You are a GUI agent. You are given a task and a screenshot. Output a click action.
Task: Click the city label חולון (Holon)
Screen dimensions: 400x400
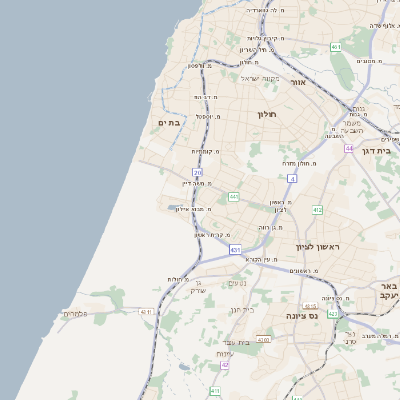pos(266,114)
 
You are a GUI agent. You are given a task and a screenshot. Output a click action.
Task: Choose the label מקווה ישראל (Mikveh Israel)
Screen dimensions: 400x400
pos(264,78)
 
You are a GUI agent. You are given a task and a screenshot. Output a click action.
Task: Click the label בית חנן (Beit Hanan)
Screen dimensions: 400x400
pos(243,309)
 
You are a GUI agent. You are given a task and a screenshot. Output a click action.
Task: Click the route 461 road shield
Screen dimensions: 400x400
pos(336,47)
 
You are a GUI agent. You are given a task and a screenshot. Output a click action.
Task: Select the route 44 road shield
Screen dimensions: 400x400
pos(349,148)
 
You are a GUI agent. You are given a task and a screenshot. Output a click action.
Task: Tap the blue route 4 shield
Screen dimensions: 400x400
pos(292,178)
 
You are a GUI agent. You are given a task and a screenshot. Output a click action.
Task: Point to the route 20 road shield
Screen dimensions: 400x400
pos(198,173)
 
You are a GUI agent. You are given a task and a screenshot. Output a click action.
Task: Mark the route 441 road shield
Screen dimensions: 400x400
pos(233,197)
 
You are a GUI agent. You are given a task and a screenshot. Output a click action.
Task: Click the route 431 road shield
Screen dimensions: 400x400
pos(235,249)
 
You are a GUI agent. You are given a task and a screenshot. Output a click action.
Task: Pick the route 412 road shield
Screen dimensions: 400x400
pos(317,210)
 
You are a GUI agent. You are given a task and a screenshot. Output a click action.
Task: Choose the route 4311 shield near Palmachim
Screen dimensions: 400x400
pos(146,313)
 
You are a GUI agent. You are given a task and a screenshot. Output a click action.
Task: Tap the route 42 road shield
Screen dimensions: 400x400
pos(225,365)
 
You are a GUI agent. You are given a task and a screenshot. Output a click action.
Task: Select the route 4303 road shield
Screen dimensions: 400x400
pos(264,340)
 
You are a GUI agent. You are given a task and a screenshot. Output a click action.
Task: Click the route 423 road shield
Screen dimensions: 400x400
pos(333,313)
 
